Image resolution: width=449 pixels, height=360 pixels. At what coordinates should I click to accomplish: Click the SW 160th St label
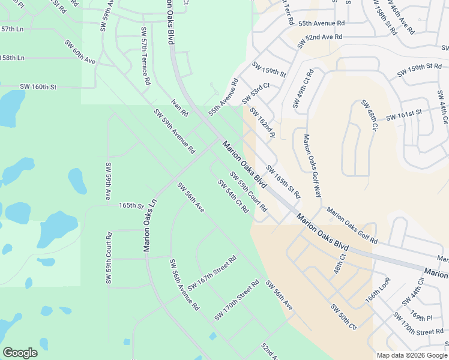point(38,87)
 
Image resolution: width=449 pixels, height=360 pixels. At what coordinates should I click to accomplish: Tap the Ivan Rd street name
point(179,108)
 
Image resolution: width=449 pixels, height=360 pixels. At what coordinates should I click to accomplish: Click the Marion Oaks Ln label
point(149,224)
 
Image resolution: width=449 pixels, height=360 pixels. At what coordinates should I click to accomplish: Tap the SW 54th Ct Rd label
point(233,196)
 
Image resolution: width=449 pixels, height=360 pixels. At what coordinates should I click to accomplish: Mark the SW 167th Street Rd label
point(212,273)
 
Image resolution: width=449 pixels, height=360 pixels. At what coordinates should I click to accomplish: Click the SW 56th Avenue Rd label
point(184,284)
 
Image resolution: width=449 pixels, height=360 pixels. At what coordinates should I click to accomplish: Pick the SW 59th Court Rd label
point(109,259)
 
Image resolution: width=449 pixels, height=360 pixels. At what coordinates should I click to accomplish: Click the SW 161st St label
point(405,114)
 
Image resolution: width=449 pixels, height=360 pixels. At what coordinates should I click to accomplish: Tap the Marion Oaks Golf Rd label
point(352,226)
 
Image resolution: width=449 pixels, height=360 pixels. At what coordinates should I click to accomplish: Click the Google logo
point(20,353)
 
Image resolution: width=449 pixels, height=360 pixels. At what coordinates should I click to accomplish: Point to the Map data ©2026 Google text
point(412,355)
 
